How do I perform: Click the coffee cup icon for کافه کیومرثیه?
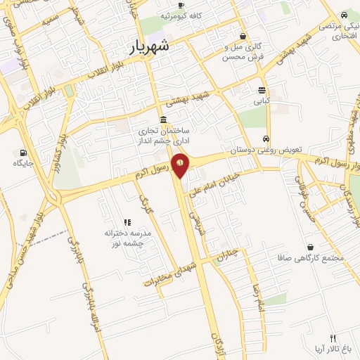[x=181, y=5]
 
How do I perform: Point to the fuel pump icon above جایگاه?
[x=23, y=153]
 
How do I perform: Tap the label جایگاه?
[x=23, y=163]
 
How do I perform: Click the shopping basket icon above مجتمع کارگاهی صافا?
[x=311, y=247]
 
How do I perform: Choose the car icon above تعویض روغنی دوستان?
[x=266, y=139]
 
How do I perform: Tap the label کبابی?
[x=262, y=101]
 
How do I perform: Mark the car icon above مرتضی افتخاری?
[x=344, y=14]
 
